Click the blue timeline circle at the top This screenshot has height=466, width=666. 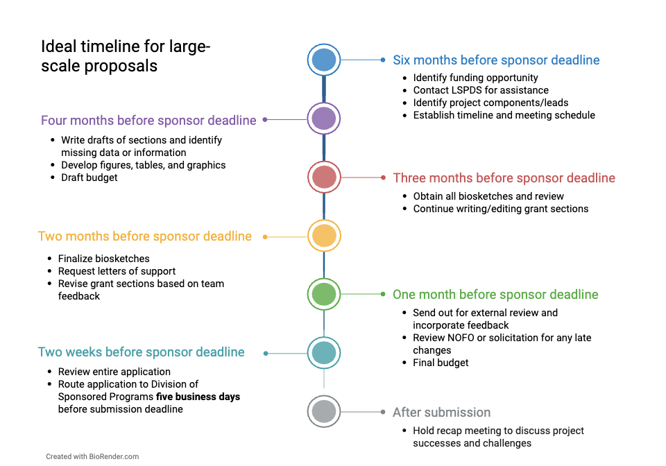(324, 60)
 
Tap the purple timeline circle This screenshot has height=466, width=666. (324, 119)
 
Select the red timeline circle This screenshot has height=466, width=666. (324, 177)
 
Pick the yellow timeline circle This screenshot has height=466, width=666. (324, 236)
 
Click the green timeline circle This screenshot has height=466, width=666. (324, 294)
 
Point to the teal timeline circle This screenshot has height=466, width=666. (324, 353)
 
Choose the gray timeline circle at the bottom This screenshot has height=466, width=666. (324, 411)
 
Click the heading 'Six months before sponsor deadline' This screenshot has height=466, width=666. (496, 60)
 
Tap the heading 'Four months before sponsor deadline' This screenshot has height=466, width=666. (148, 121)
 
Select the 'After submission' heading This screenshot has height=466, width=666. (441, 413)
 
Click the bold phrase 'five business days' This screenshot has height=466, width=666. (198, 397)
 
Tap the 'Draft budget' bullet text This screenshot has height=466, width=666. (89, 178)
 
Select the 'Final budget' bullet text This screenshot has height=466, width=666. (441, 363)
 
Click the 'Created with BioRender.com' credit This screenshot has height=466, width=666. (92, 457)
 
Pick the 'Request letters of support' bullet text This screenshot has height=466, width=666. (117, 271)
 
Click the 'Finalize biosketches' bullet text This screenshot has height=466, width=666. (103, 259)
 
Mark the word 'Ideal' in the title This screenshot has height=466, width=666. (58, 46)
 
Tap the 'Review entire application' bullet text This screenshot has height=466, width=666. (114, 372)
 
